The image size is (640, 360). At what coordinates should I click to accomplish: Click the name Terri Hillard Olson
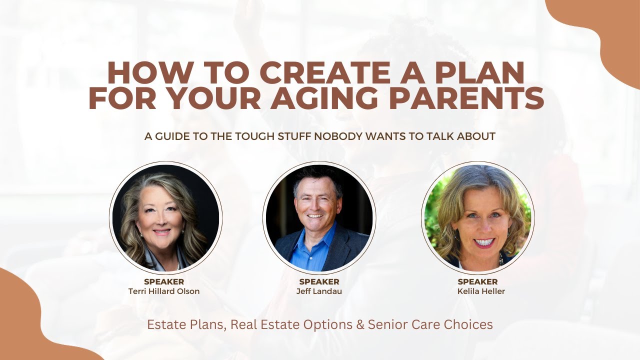[x=164, y=291]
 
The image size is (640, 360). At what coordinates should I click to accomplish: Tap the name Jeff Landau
[x=319, y=291]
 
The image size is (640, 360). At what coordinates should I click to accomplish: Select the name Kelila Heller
[x=477, y=291]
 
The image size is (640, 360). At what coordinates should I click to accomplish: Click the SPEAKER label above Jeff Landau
[x=319, y=282]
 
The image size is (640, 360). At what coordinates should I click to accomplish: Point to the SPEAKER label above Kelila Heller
[x=477, y=282]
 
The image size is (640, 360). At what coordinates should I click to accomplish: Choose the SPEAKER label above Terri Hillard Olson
[x=164, y=282]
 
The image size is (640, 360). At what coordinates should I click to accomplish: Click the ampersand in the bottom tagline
[x=360, y=324]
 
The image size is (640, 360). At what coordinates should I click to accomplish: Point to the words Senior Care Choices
[x=430, y=324]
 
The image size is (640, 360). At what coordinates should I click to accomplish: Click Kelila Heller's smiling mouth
[x=484, y=242]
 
